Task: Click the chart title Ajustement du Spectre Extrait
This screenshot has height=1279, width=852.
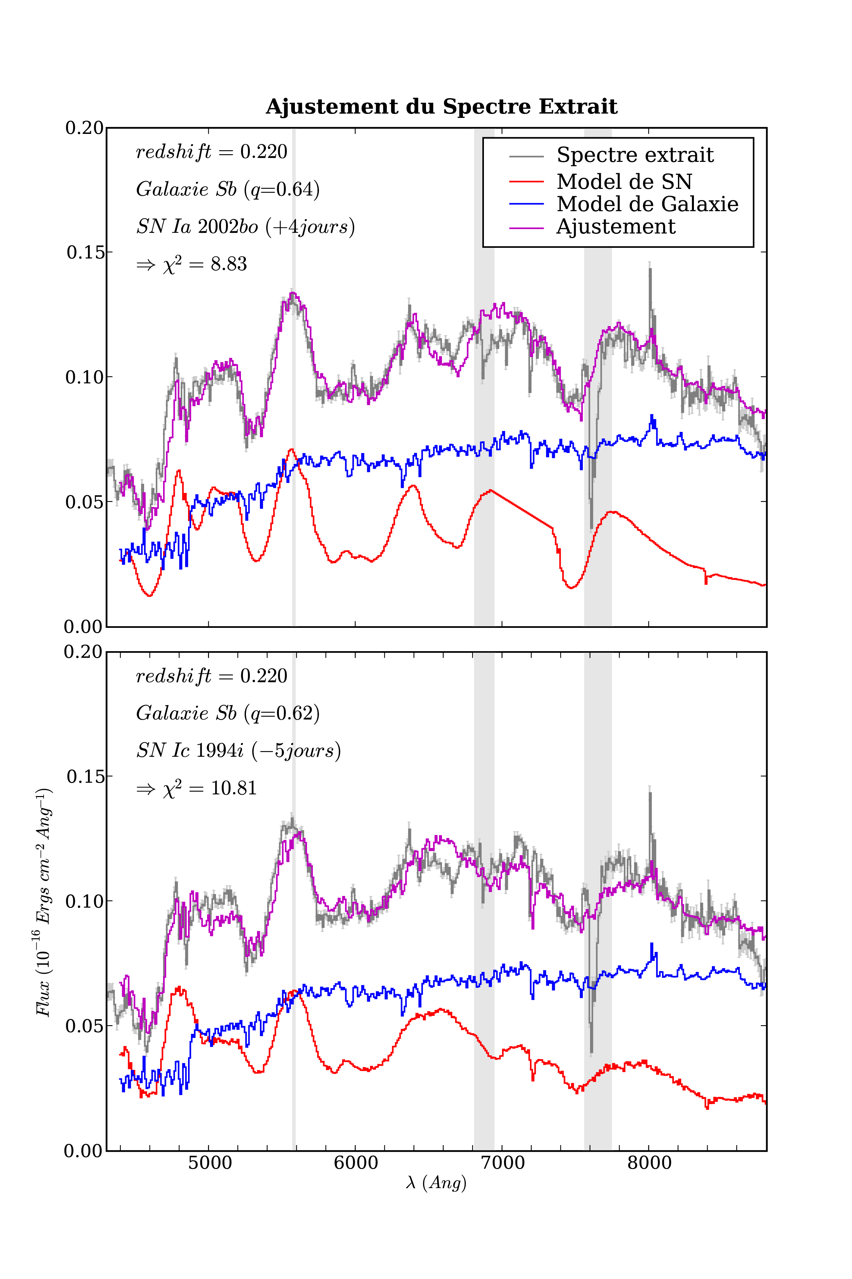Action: point(441,107)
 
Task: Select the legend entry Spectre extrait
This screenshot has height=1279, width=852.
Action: point(635,156)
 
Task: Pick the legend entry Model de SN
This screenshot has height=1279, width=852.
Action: point(624,182)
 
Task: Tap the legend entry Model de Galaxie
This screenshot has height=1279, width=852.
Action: point(647,205)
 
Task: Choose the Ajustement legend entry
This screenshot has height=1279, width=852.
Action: point(616,227)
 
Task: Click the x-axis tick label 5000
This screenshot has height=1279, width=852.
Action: point(210,1163)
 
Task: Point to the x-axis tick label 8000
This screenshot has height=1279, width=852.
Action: point(649,1163)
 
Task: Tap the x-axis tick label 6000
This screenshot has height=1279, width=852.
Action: point(356,1163)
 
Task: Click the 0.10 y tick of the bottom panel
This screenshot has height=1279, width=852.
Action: point(84,901)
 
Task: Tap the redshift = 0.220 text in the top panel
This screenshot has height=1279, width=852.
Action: point(211,152)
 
